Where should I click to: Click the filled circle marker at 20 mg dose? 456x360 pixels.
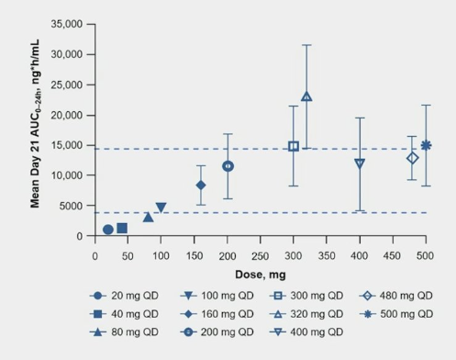(108, 230)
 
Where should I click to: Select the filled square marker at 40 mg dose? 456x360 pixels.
(122, 228)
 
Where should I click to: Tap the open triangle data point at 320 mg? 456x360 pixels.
(306, 96)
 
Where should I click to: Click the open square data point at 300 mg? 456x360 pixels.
(294, 146)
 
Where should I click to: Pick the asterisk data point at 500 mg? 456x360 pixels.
(426, 145)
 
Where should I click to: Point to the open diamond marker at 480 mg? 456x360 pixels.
(413, 158)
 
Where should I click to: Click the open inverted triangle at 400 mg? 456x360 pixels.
(360, 163)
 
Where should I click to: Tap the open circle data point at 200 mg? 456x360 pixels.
(228, 166)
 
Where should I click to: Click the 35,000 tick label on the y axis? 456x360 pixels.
(67, 23)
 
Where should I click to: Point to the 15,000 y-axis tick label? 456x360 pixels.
(67, 145)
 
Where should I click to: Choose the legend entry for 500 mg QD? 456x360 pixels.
(399, 313)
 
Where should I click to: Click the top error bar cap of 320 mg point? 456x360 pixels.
(306, 45)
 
